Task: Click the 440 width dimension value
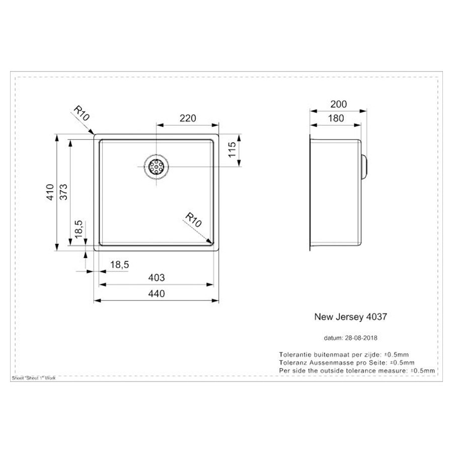157,293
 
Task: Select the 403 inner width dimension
157,278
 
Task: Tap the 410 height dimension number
50,192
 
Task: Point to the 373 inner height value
63,192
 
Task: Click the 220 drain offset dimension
188,118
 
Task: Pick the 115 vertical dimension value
232,149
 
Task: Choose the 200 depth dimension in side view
338,104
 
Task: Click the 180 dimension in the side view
336,118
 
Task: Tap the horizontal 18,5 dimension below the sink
120,264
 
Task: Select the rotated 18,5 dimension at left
79,230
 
